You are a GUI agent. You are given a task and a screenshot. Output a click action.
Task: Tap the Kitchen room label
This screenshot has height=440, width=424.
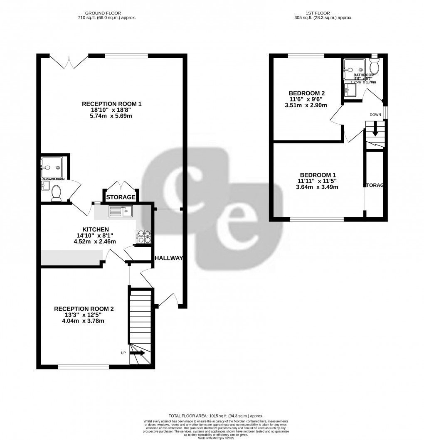96,229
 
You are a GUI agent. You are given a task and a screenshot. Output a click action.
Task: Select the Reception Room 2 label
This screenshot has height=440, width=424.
84,309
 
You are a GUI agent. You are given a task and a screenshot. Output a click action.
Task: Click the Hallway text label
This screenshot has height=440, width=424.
168,258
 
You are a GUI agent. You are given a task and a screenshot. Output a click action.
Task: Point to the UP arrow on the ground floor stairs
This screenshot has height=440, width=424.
138,353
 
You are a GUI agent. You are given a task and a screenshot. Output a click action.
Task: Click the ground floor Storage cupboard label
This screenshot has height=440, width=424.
121,197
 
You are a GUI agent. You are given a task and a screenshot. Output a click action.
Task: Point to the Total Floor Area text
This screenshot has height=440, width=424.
215,416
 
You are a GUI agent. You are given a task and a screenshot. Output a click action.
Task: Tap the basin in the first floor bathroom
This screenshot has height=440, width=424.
350,90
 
